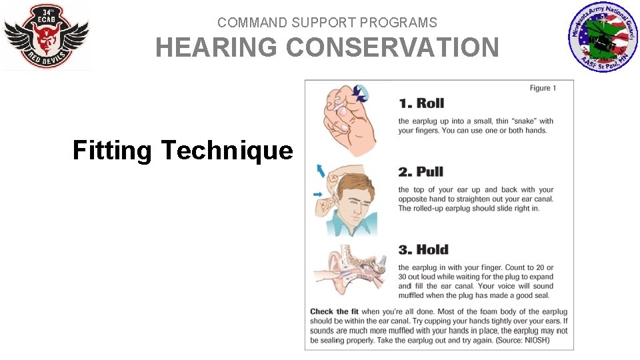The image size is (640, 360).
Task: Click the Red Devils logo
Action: click(x=46, y=36)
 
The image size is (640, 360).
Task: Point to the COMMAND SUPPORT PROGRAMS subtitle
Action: click(x=327, y=23)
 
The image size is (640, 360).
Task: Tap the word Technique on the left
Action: click(x=227, y=151)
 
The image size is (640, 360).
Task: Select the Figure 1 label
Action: click(x=543, y=88)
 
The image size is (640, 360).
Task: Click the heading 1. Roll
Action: click(x=421, y=103)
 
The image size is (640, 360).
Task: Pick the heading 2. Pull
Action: click(x=421, y=172)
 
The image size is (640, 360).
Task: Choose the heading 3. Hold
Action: click(x=423, y=250)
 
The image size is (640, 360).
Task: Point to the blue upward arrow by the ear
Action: click(x=321, y=170)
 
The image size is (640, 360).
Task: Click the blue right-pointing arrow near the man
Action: click(x=318, y=195)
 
